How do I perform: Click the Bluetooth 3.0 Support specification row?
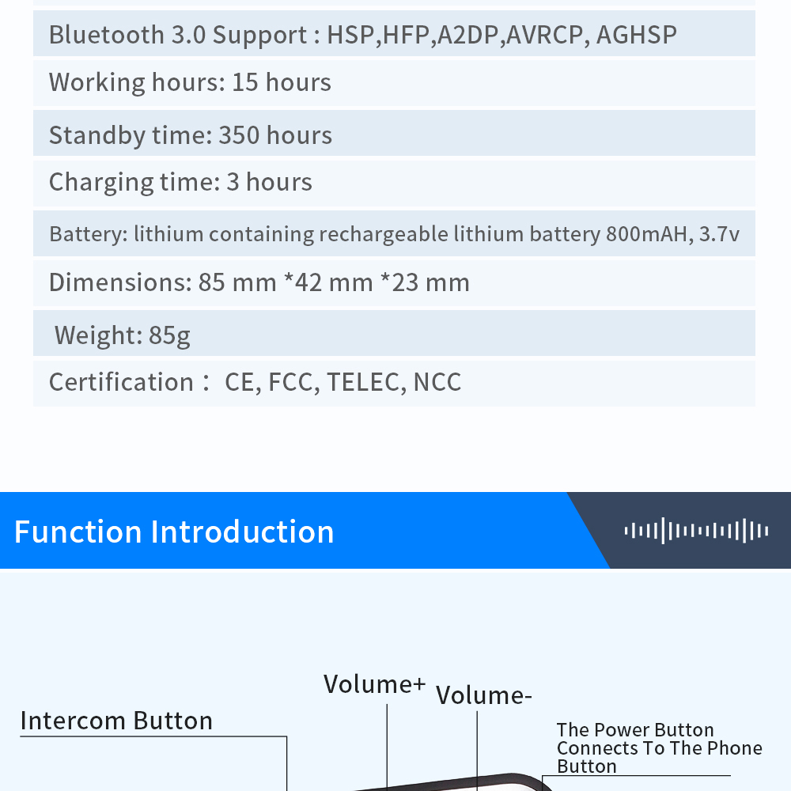362,36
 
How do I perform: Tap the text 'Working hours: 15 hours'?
190,83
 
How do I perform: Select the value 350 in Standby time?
238,135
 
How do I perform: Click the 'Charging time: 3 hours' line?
180,183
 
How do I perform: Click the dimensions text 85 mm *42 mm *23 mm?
334,283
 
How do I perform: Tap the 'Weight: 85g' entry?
123,335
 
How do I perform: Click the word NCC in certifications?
437,383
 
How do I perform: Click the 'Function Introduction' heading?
174,532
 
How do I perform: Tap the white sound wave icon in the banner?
696,531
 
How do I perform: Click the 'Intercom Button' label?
116,721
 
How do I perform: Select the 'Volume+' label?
374,684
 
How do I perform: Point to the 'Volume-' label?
483,695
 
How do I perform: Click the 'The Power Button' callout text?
635,730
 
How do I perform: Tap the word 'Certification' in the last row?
121,383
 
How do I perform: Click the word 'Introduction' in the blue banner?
242,532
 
